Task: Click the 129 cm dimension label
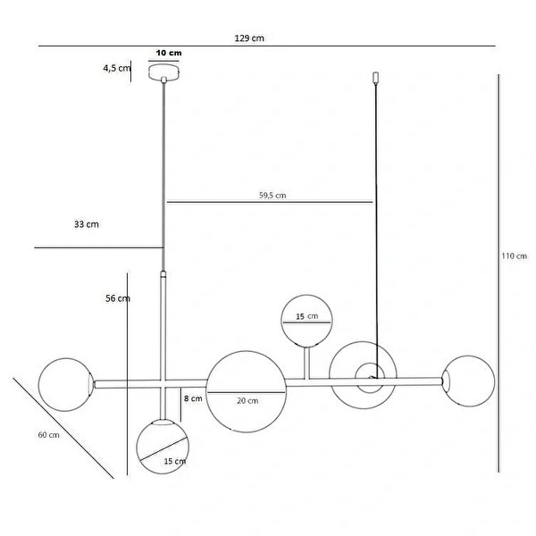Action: tap(249, 38)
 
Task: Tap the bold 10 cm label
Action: tap(169, 53)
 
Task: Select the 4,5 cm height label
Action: tap(117, 68)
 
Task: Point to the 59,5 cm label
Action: tap(272, 195)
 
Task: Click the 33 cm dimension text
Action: tap(87, 224)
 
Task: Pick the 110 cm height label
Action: tap(515, 255)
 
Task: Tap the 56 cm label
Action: tap(118, 298)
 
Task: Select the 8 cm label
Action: tap(193, 398)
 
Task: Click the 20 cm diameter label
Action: tap(247, 400)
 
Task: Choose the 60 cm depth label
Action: tap(48, 435)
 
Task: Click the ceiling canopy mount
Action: tap(164, 72)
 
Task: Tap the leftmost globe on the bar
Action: tap(66, 384)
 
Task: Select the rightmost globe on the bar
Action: tap(468, 381)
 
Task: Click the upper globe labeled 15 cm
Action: tap(306, 322)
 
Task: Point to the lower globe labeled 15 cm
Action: tap(163, 447)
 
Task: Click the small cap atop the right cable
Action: tap(376, 78)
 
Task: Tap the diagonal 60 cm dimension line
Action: tap(63, 428)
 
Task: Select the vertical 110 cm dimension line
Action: tap(498, 273)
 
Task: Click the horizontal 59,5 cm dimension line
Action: tap(270, 202)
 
